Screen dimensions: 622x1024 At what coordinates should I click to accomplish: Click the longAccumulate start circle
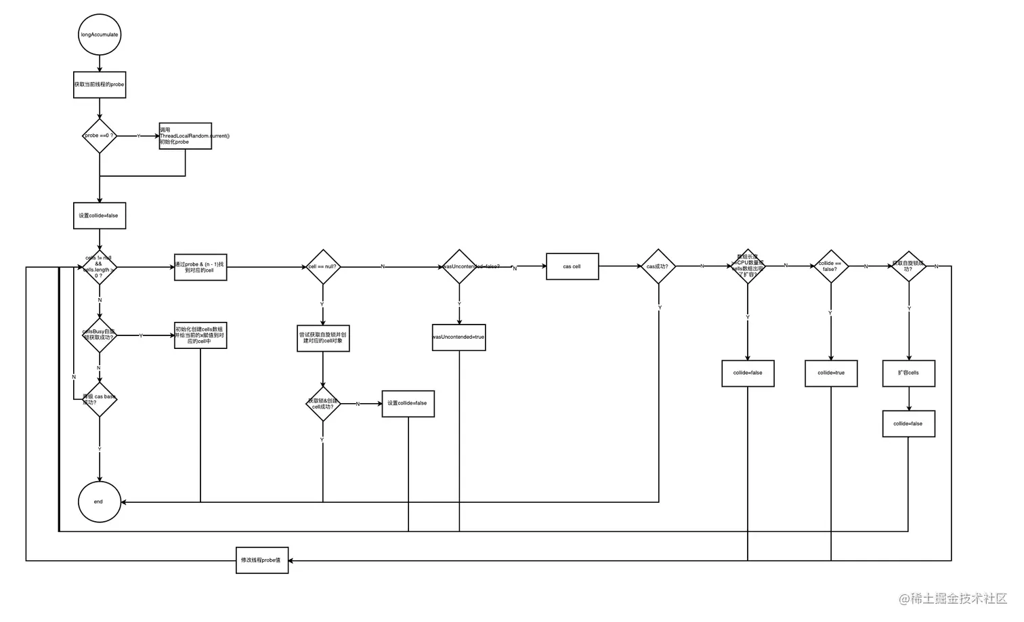[100, 35]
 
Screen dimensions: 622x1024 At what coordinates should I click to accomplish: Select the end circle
[100, 501]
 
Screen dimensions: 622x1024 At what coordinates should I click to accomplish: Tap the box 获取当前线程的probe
[100, 85]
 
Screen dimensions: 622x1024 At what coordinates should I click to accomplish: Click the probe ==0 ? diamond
[100, 136]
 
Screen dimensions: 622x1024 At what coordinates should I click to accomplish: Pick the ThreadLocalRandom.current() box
[185, 136]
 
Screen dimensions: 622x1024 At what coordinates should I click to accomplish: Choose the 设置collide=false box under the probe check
[100, 215]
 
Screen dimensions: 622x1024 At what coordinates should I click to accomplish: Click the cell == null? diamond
[322, 266]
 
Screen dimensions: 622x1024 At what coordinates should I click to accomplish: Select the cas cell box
[572, 266]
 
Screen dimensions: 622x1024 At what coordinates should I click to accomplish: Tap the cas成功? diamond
[658, 266]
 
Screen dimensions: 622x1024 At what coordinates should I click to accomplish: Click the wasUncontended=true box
[459, 337]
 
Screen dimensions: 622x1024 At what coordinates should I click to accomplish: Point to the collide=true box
[831, 373]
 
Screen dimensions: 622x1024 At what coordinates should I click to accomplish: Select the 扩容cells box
[908, 373]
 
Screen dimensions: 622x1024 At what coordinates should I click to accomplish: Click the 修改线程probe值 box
[262, 560]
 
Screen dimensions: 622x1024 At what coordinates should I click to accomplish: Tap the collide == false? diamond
[830, 266]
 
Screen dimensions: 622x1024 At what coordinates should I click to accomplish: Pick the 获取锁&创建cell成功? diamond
[322, 404]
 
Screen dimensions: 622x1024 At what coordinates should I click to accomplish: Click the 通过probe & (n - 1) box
[200, 267]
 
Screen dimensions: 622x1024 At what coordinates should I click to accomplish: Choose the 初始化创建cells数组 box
[200, 335]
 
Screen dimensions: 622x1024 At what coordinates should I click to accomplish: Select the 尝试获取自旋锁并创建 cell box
[323, 337]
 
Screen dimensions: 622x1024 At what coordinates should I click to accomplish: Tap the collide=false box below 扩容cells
[908, 423]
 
